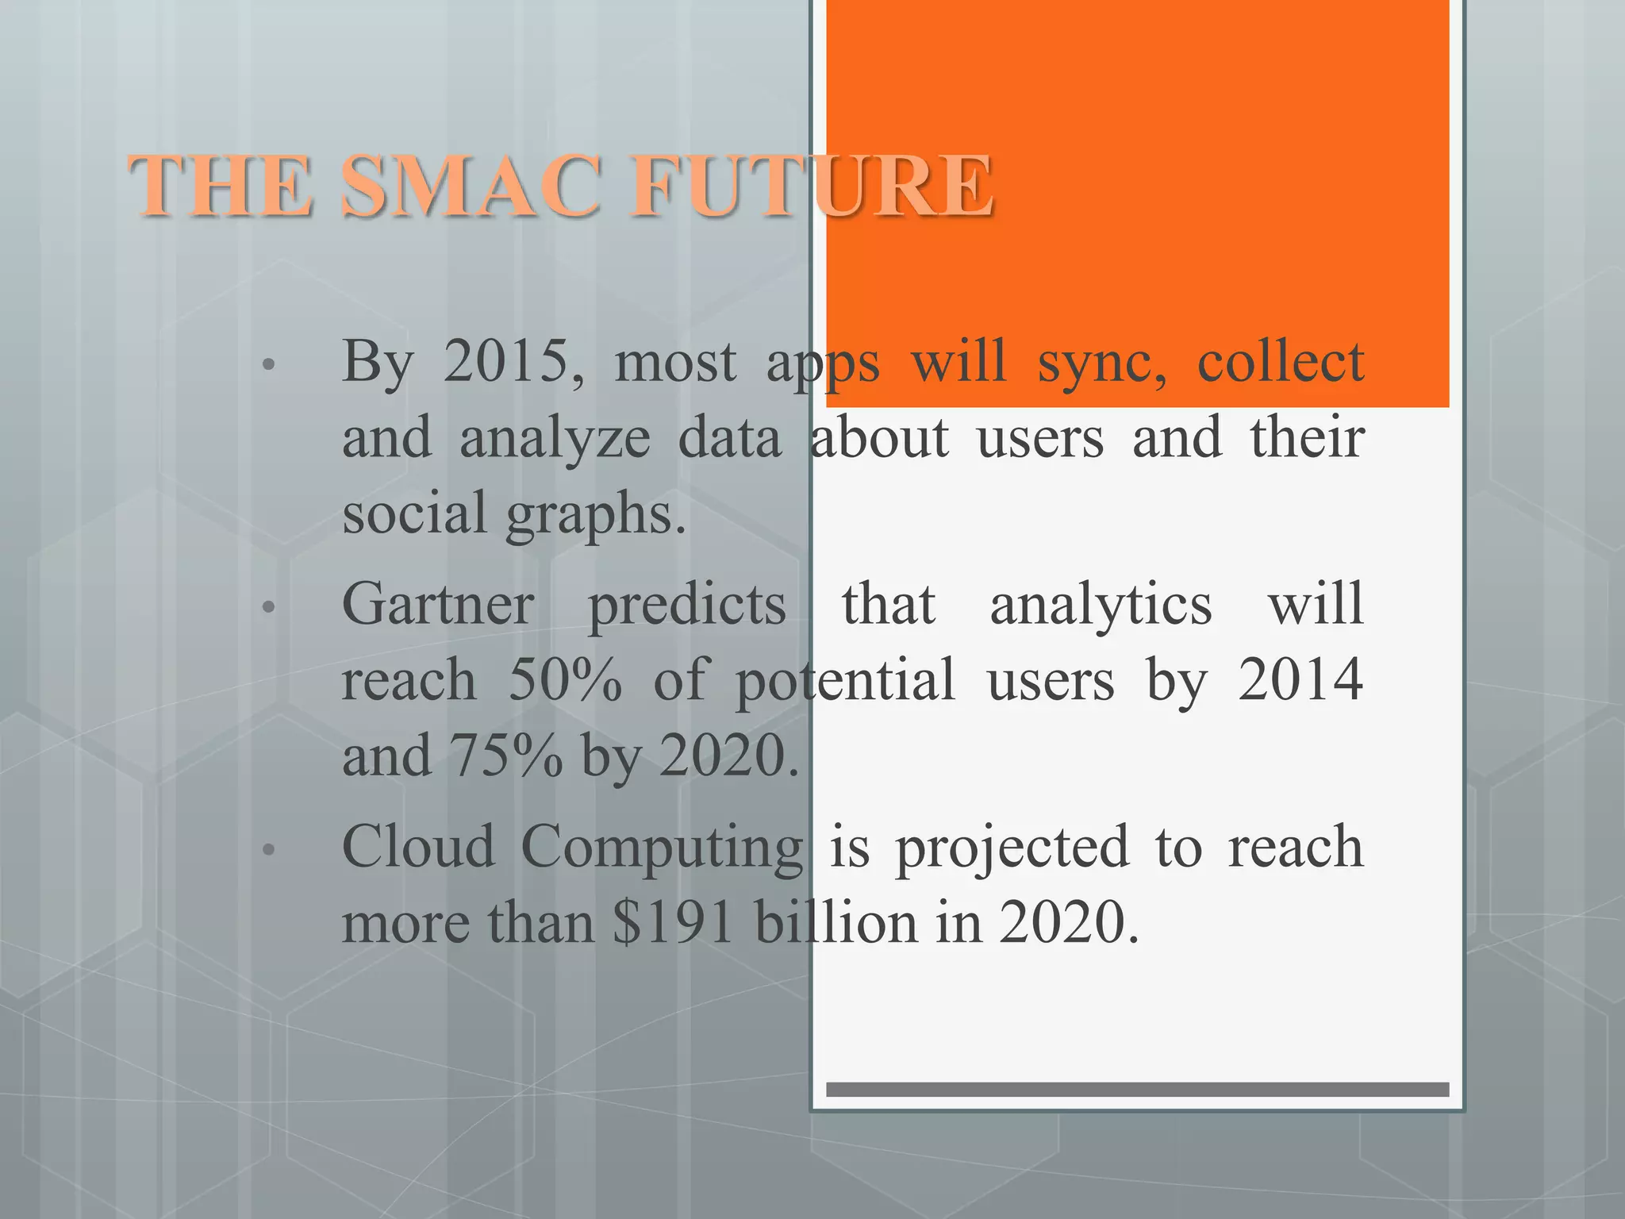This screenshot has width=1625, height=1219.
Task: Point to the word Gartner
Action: pos(438,605)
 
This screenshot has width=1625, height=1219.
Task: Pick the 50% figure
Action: pos(565,680)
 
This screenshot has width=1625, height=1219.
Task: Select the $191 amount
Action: pos(673,923)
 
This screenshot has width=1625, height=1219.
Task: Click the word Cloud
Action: pos(418,847)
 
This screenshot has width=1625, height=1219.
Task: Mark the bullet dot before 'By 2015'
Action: pos(268,365)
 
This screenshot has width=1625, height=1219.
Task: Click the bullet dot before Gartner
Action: pos(268,608)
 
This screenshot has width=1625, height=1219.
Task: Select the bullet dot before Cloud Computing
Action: pos(268,851)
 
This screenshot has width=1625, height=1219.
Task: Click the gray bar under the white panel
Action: pos(1137,1090)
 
